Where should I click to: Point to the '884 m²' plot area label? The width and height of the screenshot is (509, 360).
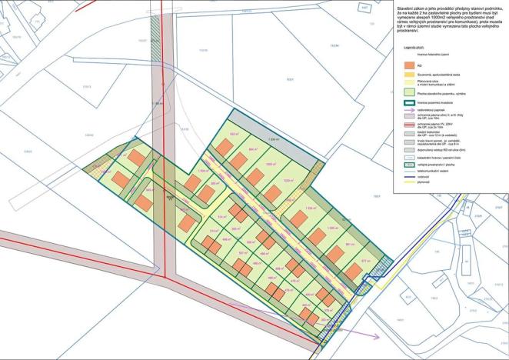click(254, 150)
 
